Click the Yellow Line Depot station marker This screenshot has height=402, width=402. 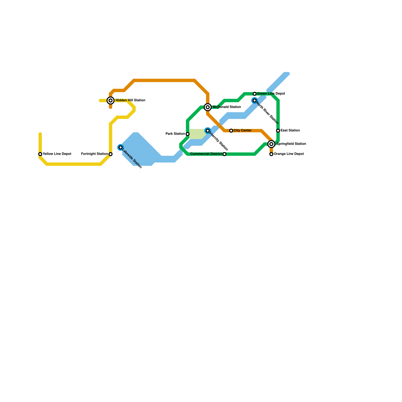tap(40, 154)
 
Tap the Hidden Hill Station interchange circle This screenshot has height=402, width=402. tap(111, 100)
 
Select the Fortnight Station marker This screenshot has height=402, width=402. tap(111, 154)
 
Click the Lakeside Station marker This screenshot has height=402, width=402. tap(121, 147)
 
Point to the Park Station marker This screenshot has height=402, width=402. tap(188, 134)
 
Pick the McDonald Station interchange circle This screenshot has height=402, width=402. tap(208, 107)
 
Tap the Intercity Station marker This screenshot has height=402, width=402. tap(208, 131)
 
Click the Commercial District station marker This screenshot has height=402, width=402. tap(224, 154)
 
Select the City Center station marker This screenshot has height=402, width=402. tap(231, 131)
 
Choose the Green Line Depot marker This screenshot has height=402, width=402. tap(255, 94)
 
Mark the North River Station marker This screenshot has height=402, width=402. tap(255, 100)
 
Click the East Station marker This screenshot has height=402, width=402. tap(278, 131)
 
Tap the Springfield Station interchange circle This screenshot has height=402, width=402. tap(271, 144)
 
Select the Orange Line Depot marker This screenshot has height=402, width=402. tap(271, 154)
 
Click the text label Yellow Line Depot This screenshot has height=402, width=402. tap(57, 154)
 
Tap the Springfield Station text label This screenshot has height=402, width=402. tap(291, 144)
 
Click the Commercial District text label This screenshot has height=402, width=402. tap(206, 154)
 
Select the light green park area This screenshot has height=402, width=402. tap(197, 134)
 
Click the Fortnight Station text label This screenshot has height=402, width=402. tap(94, 154)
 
